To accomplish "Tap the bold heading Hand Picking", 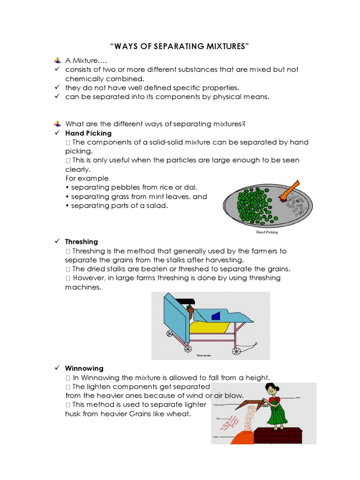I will click(x=88, y=133).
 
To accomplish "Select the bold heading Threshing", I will click(x=82, y=241).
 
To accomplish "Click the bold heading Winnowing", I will click(x=84, y=368).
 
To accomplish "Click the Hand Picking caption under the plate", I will click(x=267, y=232).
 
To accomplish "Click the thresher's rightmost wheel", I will click(x=237, y=350).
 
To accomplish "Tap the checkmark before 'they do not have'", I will click(x=56, y=88).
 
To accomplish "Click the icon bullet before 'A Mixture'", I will click(x=57, y=60).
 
